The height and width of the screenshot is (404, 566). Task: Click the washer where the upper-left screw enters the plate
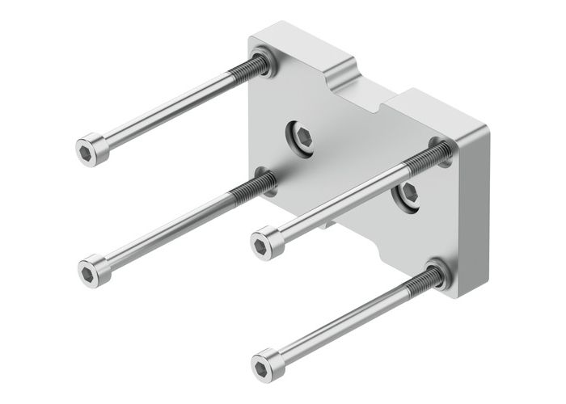tap(264, 62)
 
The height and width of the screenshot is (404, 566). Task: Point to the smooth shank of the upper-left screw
tap(162, 112)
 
